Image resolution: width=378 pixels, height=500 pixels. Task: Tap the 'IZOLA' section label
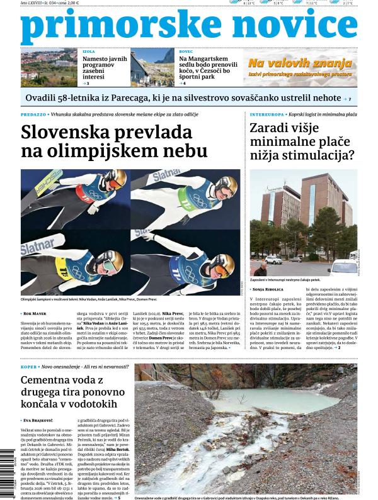pyautogui.click(x=88, y=50)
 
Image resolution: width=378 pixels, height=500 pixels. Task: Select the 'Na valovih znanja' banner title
pyautogui.click(x=299, y=63)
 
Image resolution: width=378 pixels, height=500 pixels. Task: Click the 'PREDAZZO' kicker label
pyautogui.click(x=33, y=115)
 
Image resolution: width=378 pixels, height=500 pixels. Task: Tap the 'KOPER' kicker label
pyautogui.click(x=29, y=366)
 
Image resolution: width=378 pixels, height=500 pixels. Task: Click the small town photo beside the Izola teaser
pyautogui.click(x=49, y=68)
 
